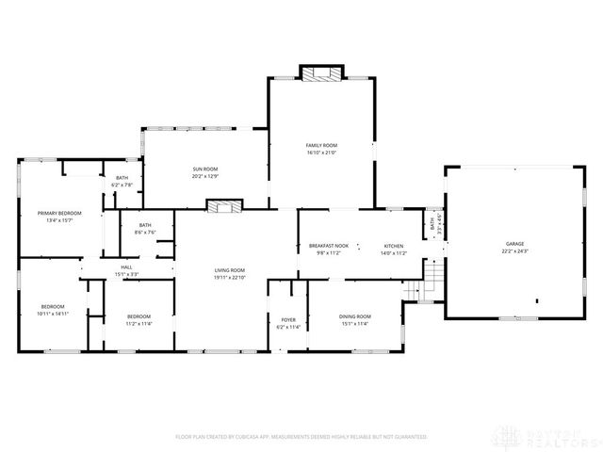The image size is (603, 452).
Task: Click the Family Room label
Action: (x=321, y=145)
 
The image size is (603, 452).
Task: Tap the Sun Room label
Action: (x=205, y=169)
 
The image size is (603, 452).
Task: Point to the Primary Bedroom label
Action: (x=59, y=214)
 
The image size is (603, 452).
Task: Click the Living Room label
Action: (x=229, y=270)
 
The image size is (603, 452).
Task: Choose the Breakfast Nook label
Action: (x=329, y=246)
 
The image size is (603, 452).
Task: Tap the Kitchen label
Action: (x=393, y=246)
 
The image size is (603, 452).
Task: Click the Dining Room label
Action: (x=355, y=315)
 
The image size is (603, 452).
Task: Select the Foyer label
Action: (x=288, y=322)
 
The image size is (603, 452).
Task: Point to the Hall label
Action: (x=126, y=267)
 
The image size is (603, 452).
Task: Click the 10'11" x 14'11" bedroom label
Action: (x=52, y=307)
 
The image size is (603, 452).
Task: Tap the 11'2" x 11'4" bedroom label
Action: (x=139, y=315)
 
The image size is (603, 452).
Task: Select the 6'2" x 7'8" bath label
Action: (x=122, y=178)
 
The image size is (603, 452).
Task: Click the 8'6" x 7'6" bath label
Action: (x=145, y=225)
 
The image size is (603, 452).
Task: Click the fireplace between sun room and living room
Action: (x=225, y=204)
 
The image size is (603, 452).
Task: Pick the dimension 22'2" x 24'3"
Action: (x=514, y=251)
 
